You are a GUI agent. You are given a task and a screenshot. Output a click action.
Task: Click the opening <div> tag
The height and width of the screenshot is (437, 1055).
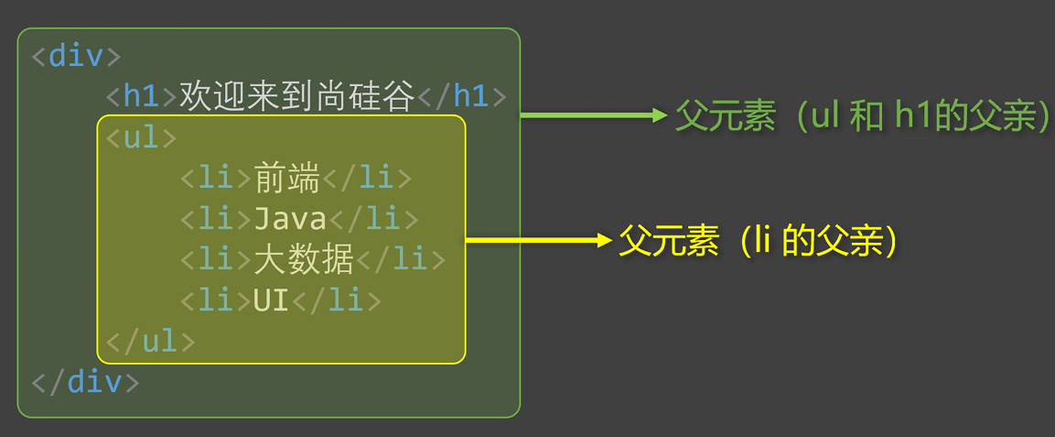click(x=76, y=55)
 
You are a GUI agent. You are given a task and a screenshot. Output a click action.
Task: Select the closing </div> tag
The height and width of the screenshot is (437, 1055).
click(x=85, y=382)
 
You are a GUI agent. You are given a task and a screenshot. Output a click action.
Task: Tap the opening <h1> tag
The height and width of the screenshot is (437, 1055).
click(x=142, y=95)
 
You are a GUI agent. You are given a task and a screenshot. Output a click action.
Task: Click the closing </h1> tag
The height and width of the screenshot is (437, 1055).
click(x=462, y=95)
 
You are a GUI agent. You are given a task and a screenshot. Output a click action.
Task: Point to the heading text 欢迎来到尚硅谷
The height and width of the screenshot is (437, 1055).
click(x=297, y=95)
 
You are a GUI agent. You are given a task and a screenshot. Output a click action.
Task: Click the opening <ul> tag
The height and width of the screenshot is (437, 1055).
click(x=141, y=137)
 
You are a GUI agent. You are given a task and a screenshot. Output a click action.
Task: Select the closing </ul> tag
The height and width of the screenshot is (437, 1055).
click(x=151, y=341)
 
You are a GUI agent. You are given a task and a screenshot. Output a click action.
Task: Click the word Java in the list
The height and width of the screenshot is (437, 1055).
click(x=290, y=219)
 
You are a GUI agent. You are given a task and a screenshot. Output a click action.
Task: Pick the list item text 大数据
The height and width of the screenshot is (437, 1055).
click(x=305, y=259)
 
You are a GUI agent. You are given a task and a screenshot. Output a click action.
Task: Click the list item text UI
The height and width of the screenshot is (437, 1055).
click(x=271, y=300)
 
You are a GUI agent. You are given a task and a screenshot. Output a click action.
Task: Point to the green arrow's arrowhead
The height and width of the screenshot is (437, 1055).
click(x=660, y=115)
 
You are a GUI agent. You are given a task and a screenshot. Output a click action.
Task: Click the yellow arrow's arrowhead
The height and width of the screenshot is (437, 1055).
click(x=603, y=240)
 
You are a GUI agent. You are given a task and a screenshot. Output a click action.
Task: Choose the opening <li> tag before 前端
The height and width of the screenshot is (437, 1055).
click(x=216, y=178)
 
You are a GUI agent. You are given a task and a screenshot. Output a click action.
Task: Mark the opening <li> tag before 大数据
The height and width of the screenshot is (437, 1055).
click(x=216, y=259)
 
